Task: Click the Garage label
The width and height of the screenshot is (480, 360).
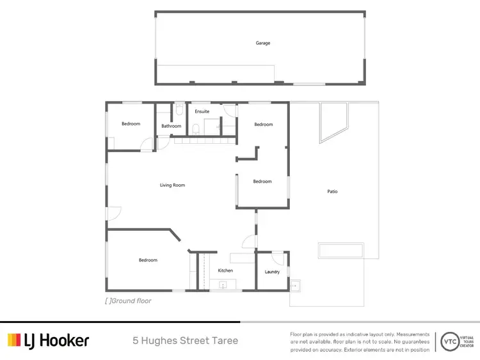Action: pos(263,43)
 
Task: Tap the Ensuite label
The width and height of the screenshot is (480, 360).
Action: pos(202,112)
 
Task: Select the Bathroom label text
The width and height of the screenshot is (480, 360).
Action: pos(171,126)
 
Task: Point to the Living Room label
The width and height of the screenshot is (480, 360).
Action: pos(172,185)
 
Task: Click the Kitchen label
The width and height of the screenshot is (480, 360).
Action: pos(225,271)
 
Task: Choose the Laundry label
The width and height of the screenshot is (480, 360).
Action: pos(272,272)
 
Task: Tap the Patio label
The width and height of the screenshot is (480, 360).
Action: pos(332,192)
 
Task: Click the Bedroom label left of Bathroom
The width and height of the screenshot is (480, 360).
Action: pos(131,124)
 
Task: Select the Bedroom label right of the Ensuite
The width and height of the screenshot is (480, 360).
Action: pos(263,125)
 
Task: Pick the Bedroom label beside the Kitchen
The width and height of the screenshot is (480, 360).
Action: pos(148,260)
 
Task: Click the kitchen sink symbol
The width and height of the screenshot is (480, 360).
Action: pos(224,286)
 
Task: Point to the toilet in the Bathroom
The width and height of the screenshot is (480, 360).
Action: pos(180,111)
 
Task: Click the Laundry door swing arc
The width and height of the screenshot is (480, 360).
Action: pos(276,258)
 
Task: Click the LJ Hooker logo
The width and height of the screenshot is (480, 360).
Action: pos(49,340)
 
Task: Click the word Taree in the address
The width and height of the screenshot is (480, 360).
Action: pos(225,341)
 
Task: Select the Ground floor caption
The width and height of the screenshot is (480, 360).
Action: pos(128,301)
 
